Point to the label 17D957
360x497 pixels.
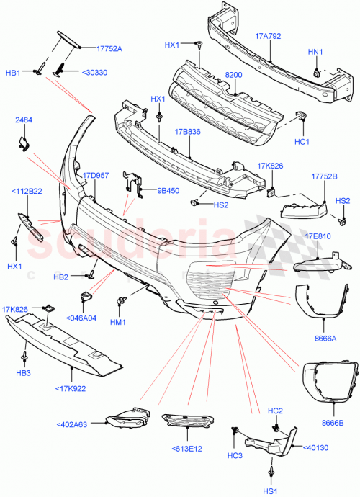tap(95, 175)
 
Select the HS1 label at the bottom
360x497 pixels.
tap(270, 491)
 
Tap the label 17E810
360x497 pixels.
tap(318, 236)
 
